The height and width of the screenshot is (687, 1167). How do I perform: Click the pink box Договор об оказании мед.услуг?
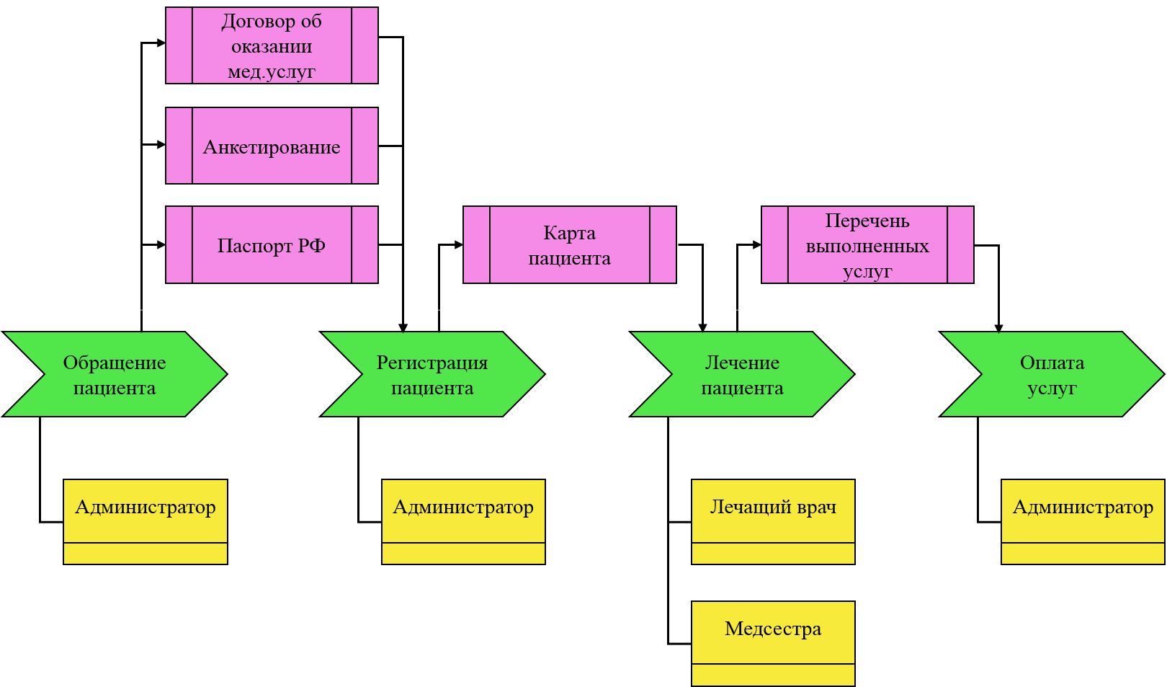click(x=272, y=45)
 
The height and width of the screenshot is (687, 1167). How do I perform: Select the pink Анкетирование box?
click(x=272, y=146)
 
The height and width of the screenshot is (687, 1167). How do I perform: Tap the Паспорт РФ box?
click(x=272, y=245)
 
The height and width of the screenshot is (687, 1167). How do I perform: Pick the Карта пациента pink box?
click(x=569, y=245)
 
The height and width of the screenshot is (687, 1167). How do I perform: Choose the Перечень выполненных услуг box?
click(x=867, y=245)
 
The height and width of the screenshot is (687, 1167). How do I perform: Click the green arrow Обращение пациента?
click(x=115, y=374)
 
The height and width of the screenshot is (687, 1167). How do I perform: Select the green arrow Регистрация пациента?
click(x=432, y=374)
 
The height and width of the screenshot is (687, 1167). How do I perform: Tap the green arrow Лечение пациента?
click(x=742, y=374)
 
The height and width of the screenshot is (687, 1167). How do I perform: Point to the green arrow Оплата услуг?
click(x=1052, y=374)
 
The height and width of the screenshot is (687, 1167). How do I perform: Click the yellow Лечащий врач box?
click(x=773, y=520)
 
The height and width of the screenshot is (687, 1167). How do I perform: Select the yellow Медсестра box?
click(x=773, y=642)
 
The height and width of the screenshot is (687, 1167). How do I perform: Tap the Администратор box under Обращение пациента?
click(x=146, y=520)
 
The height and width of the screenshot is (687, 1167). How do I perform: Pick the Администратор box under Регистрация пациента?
click(x=463, y=520)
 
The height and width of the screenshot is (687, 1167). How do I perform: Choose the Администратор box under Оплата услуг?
click(x=1083, y=520)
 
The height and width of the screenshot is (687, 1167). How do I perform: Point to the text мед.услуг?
click(x=272, y=71)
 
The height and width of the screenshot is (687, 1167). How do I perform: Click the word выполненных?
click(x=867, y=246)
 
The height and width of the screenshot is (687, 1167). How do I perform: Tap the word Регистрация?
click(x=432, y=363)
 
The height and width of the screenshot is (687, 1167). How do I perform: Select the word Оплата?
click(x=1052, y=363)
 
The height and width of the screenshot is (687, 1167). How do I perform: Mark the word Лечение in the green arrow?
click(x=742, y=363)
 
